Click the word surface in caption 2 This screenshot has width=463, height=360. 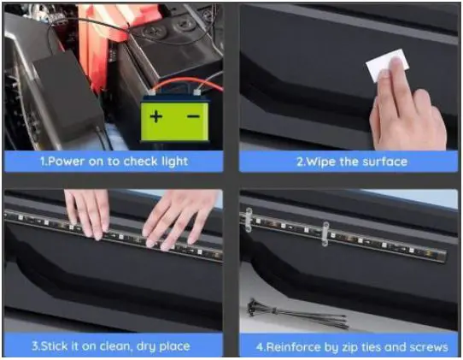pos(385,161)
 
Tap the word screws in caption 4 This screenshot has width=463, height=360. pos(424,346)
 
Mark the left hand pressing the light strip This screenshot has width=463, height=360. pos(88,212)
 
